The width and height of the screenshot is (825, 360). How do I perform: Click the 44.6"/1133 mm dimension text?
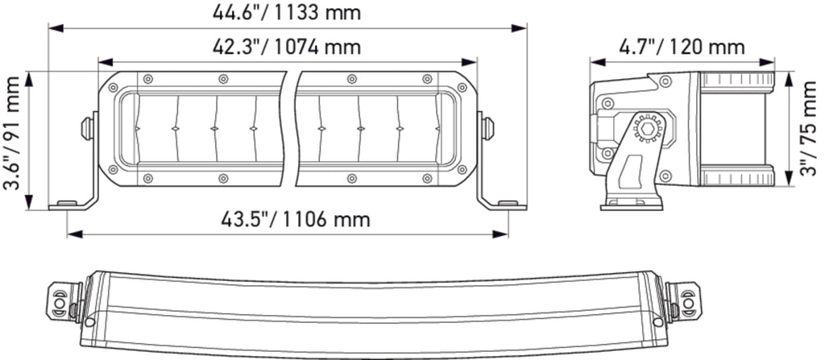(x=287, y=12)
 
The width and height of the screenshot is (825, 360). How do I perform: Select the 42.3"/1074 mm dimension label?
(x=287, y=47)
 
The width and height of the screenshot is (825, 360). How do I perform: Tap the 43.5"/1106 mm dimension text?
(x=295, y=220)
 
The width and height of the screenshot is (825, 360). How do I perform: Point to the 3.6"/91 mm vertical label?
(x=13, y=133)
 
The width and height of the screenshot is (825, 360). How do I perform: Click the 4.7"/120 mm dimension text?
(x=682, y=47)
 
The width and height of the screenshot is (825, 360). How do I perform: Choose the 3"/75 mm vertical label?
(x=811, y=128)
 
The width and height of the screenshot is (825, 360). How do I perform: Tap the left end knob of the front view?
(x=87, y=129)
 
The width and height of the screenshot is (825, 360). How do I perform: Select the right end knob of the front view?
(x=487, y=129)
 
